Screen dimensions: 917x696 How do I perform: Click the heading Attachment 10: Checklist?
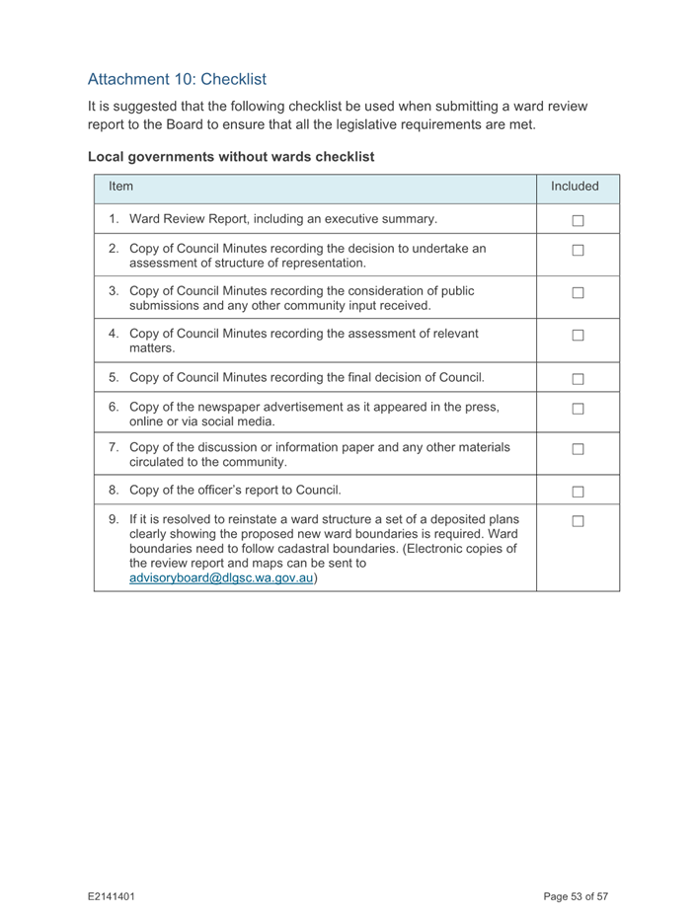tap(177, 77)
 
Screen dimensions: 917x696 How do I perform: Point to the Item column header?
tap(120, 185)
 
